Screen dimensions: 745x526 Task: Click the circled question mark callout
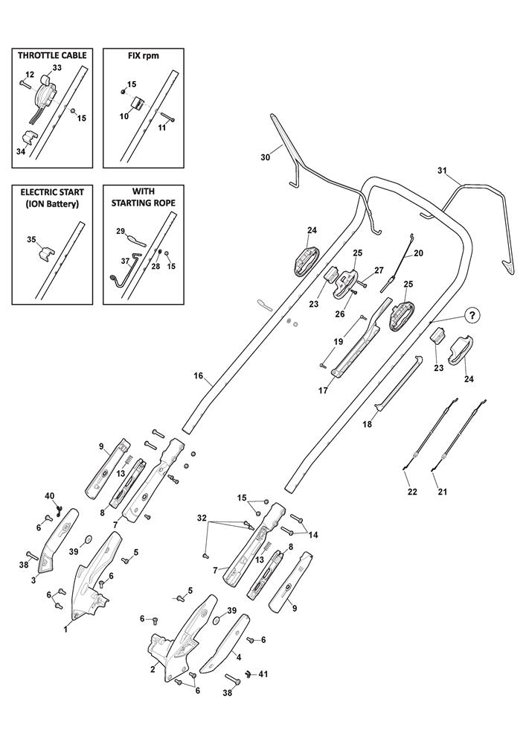pos(471,314)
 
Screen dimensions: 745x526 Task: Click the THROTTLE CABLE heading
pos(52,56)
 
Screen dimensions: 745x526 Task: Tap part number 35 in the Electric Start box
pos(31,240)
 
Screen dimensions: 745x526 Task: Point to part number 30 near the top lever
pos(266,157)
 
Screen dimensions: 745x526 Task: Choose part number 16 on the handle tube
pos(199,377)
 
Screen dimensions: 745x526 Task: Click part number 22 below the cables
pos(412,492)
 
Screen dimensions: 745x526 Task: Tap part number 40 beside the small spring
pos(50,496)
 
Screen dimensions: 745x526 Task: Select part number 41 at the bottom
pos(262,674)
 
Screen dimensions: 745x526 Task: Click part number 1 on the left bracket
pos(66,630)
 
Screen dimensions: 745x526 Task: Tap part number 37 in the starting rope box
pos(126,261)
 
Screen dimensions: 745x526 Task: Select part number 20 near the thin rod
pos(418,253)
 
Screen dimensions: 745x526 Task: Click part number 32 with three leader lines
pos(202,517)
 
